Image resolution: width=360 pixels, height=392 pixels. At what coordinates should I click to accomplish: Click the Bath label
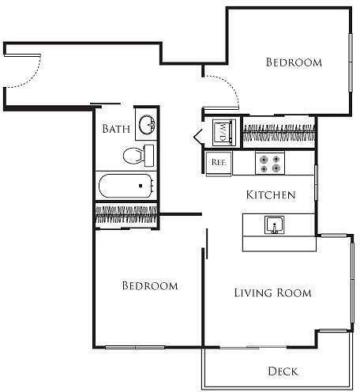116,129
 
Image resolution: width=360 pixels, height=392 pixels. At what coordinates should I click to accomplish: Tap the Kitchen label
271,195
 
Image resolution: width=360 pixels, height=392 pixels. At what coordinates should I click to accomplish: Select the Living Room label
273,292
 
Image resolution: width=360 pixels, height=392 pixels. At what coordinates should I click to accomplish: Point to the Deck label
283,371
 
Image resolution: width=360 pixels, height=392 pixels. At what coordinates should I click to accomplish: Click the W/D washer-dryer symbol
223,132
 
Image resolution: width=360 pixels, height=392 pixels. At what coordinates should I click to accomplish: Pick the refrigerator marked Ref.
219,164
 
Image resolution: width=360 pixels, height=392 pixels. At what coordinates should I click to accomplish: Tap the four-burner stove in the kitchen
270,163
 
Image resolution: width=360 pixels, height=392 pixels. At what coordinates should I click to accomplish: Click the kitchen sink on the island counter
274,224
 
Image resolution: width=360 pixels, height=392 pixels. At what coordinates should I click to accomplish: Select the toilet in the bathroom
138,156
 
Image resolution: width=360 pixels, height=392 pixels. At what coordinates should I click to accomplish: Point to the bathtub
126,186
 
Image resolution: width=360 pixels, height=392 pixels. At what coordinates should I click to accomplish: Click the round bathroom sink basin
147,125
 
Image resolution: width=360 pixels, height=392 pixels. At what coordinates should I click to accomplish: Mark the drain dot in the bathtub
141,186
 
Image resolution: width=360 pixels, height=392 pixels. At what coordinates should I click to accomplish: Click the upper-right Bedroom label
294,62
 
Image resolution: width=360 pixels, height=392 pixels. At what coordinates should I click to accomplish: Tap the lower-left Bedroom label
150,286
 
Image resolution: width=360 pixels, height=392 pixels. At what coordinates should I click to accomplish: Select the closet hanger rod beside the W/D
279,132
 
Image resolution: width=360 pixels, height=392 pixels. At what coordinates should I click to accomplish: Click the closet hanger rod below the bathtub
126,215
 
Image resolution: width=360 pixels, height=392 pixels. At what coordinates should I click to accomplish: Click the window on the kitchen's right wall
316,183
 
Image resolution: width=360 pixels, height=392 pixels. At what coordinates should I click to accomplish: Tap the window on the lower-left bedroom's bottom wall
135,347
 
